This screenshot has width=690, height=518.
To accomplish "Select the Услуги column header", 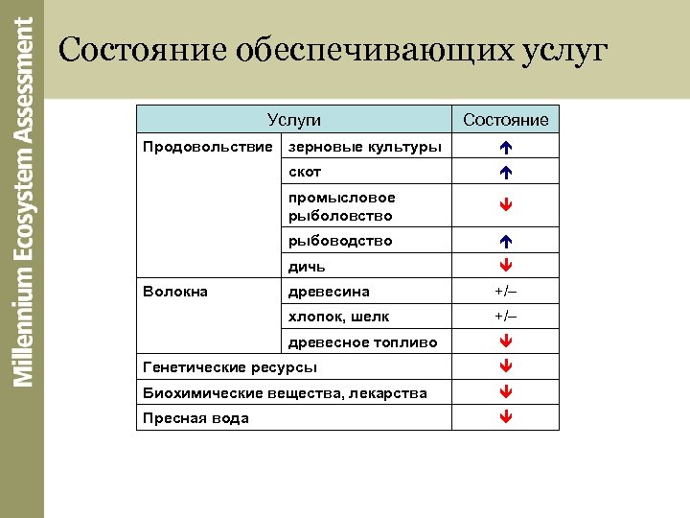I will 293,120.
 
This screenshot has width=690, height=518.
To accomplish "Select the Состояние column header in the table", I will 505,120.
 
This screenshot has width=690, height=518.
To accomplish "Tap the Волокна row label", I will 174,291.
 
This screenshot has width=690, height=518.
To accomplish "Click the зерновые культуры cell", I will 365,147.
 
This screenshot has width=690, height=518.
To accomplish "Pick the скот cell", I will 305,172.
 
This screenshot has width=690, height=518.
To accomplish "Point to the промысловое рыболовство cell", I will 341,206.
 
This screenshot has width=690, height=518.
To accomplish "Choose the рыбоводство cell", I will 340,241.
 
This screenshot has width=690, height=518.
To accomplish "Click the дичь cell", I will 307,266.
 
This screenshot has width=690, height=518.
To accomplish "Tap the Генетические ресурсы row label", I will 229,367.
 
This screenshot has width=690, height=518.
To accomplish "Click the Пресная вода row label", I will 195,417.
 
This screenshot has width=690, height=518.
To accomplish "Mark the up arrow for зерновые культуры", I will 505,148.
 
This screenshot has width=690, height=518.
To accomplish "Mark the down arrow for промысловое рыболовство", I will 505,206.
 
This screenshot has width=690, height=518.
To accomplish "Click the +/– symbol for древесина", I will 505,292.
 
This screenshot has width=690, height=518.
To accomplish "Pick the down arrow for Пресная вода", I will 505,417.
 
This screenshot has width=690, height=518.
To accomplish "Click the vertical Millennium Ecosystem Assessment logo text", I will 22,201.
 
